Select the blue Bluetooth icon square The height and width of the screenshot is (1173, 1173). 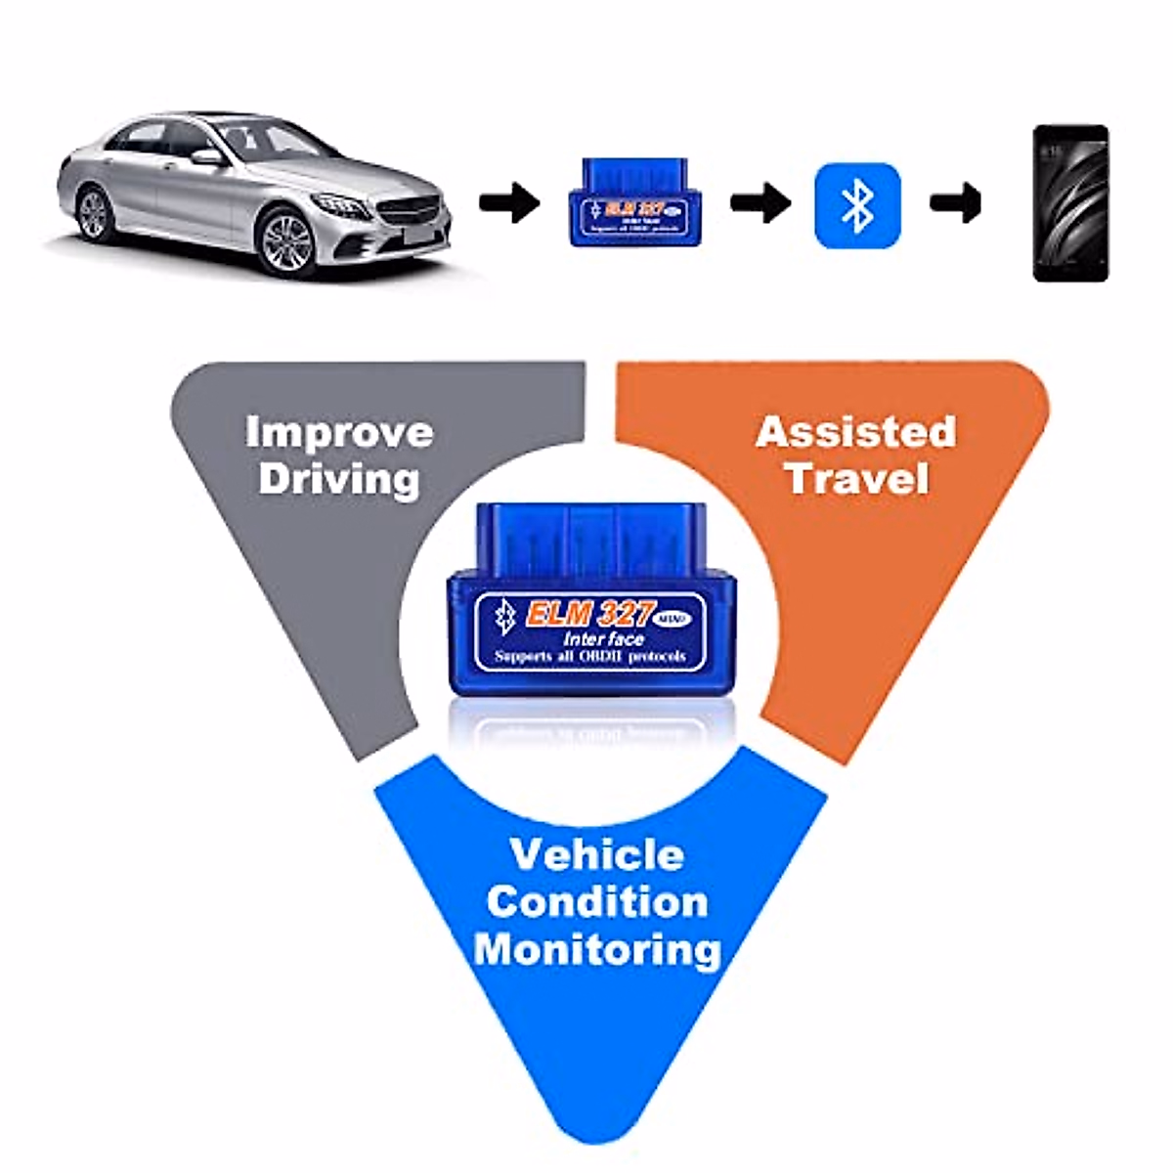857,204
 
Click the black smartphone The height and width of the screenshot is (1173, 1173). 1070,203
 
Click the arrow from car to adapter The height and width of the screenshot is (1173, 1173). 509,203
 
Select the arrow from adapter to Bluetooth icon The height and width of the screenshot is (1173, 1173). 760,203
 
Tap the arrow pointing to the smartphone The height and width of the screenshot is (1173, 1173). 955,203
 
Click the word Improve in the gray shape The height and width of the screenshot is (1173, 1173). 339,432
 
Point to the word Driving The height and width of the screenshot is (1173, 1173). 339,479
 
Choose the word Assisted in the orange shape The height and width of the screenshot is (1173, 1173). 855,432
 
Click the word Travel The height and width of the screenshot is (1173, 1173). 856,479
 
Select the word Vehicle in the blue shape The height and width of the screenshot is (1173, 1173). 596,854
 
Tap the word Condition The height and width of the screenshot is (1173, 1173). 596,901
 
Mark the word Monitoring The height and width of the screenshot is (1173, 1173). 596,949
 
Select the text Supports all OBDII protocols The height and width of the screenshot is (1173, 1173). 589,657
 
